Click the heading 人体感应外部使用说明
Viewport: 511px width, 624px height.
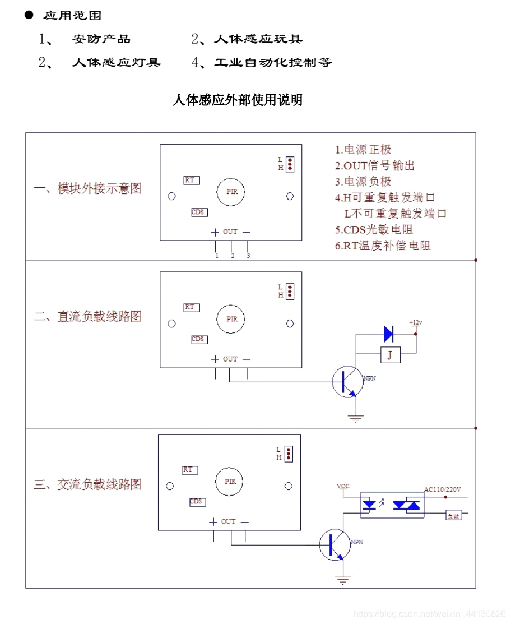tap(238, 100)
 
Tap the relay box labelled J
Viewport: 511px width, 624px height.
tap(390, 354)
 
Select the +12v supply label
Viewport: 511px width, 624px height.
tap(415, 323)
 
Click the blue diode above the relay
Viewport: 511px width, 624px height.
tap(389, 334)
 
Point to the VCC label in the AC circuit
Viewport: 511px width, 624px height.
tap(342, 486)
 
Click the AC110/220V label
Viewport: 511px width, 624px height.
tap(442, 490)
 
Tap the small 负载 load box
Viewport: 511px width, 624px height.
tap(453, 516)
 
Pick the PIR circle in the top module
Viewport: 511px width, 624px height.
tap(232, 191)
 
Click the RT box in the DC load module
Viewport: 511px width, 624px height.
tap(192, 307)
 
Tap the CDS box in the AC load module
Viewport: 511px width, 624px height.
tap(196, 502)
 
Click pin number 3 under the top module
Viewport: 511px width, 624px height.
tap(248, 256)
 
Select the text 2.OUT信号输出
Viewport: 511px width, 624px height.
tap(375, 166)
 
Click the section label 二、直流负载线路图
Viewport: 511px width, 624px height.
tap(87, 316)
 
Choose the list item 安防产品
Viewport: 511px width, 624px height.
tap(101, 39)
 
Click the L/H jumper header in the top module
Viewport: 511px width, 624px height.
tap(290, 164)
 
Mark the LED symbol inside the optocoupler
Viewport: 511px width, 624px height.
tap(370, 505)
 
